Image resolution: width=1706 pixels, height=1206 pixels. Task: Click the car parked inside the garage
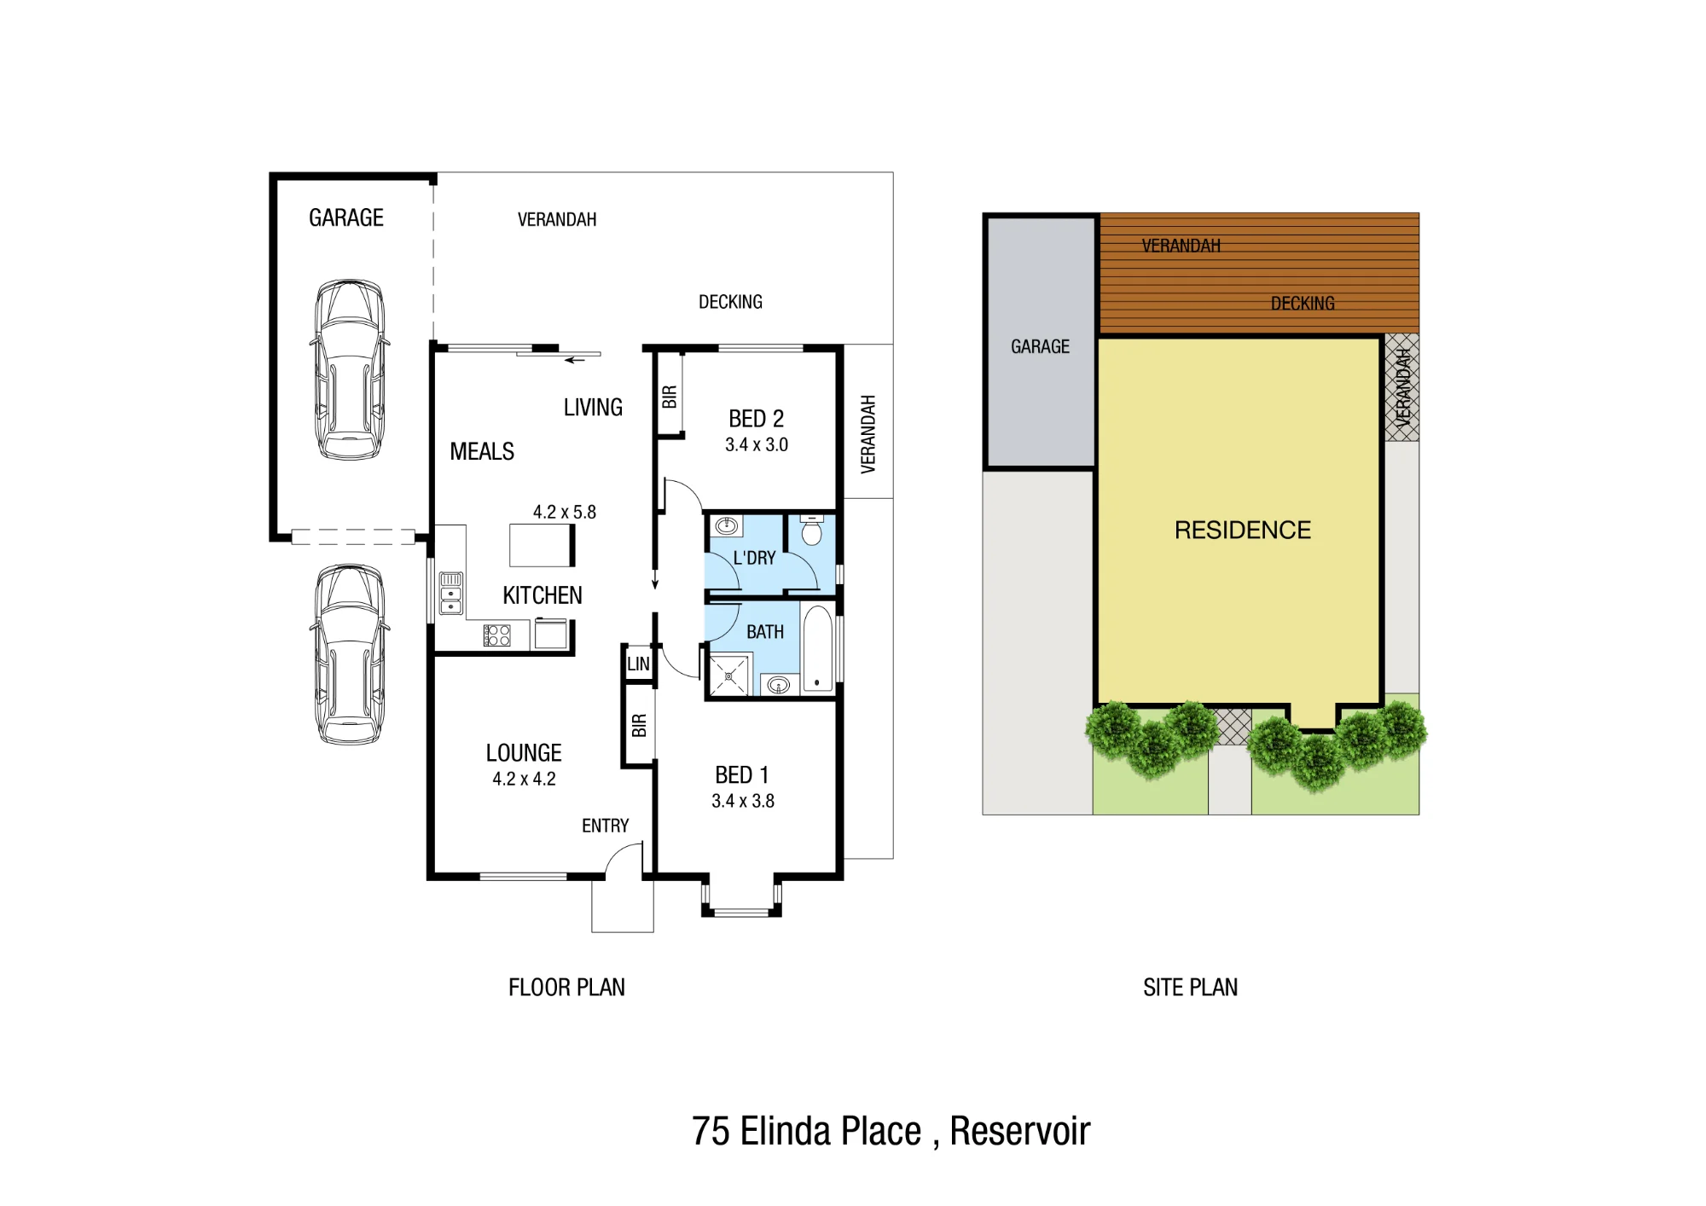pyautogui.click(x=350, y=369)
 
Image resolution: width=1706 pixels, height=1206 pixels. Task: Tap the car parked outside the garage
pyautogui.click(x=350, y=654)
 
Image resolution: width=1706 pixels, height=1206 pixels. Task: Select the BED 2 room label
pyautogui.click(x=756, y=419)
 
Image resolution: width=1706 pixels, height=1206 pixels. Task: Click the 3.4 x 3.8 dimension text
pyautogui.click(x=743, y=801)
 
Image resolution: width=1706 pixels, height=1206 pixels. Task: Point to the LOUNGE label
pyautogui.click(x=524, y=753)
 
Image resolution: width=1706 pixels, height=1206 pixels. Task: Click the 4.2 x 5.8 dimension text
pyautogui.click(x=565, y=512)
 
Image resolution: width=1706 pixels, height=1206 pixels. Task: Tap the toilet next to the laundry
pyautogui.click(x=812, y=530)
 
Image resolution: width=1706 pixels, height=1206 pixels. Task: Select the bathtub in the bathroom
pyautogui.click(x=817, y=649)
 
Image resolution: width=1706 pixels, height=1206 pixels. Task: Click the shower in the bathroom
pyautogui.click(x=729, y=675)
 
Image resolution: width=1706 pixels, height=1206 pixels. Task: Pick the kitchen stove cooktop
pyautogui.click(x=497, y=635)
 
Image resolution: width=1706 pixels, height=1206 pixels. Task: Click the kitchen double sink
pyautogui.click(x=451, y=593)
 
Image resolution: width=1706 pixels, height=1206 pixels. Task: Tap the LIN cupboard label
pyautogui.click(x=638, y=664)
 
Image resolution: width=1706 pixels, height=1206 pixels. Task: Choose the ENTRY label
pyautogui.click(x=606, y=826)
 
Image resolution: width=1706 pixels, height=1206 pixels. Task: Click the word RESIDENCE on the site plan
pyautogui.click(x=1243, y=531)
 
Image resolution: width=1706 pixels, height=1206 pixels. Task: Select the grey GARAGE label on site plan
pyautogui.click(x=1040, y=347)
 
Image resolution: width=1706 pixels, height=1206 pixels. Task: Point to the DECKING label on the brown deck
pyautogui.click(x=1303, y=304)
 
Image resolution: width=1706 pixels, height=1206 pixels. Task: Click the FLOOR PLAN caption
pyautogui.click(x=566, y=988)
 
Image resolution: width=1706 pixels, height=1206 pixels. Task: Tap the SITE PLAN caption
pyautogui.click(x=1190, y=988)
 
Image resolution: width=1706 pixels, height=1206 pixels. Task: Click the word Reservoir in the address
pyautogui.click(x=1020, y=1132)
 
